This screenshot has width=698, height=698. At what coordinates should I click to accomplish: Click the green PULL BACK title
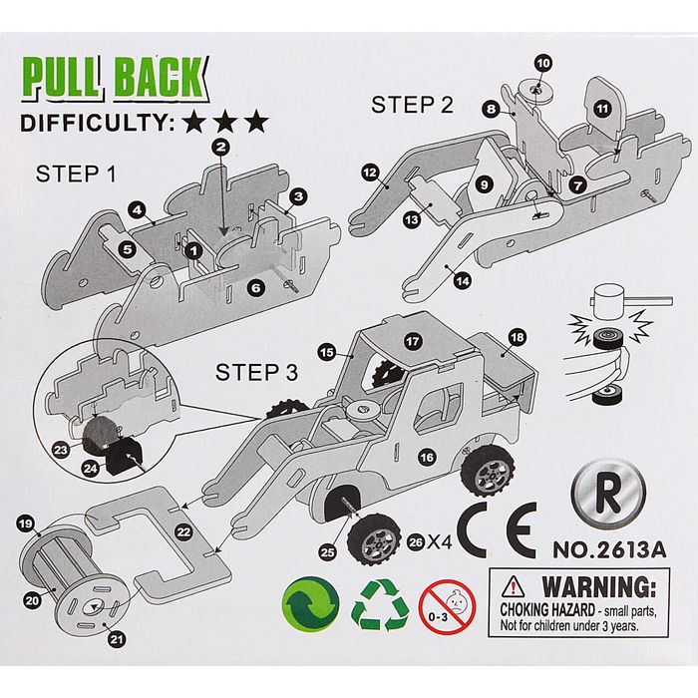tap(116, 78)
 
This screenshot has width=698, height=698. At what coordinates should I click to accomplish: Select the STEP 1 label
tap(76, 174)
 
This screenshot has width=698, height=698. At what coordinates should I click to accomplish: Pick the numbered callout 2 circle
tap(221, 148)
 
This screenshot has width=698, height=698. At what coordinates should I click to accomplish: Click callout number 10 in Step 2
tap(542, 63)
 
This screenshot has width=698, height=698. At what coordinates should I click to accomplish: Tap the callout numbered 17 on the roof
tap(411, 341)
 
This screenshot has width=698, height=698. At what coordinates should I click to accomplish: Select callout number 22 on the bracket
tap(183, 533)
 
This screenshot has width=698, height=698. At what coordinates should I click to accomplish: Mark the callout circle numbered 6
tap(256, 287)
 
